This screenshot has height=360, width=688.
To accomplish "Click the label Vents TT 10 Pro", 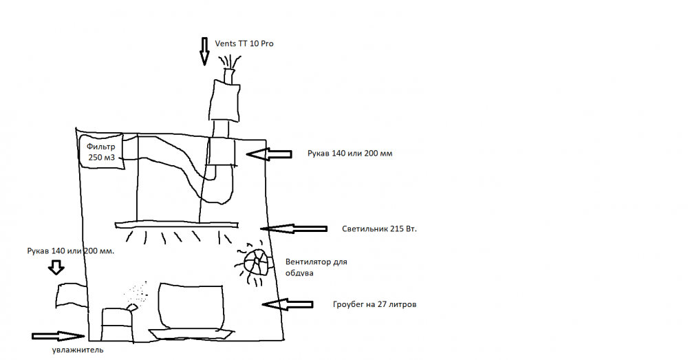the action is pyautogui.click(x=244, y=43).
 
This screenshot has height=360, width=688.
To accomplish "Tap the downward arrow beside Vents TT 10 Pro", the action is pyautogui.click(x=204, y=52).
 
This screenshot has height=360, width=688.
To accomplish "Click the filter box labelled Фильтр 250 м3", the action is pyautogui.click(x=101, y=151).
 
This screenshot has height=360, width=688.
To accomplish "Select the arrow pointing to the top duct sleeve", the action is pyautogui.click(x=269, y=154).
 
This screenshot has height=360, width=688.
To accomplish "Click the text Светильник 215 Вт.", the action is pyautogui.click(x=379, y=229).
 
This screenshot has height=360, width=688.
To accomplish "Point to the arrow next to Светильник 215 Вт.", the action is pyautogui.click(x=294, y=229).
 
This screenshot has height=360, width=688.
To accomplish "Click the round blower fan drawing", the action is pyautogui.click(x=256, y=262).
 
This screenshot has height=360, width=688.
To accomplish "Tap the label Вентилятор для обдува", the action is pyautogui.click(x=316, y=267).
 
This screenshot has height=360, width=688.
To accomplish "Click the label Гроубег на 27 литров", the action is pyautogui.click(x=374, y=304).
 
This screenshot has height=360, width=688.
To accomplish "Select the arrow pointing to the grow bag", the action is pyautogui.click(x=288, y=304).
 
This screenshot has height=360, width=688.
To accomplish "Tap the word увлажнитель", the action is pyautogui.click(x=78, y=350).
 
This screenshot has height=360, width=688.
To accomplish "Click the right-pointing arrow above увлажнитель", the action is pyautogui.click(x=58, y=337).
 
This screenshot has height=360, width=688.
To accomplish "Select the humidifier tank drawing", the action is pyautogui.click(x=118, y=323).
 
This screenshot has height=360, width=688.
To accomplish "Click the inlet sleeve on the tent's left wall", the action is pyautogui.click(x=72, y=295).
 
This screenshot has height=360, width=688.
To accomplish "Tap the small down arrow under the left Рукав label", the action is pyautogui.click(x=56, y=267).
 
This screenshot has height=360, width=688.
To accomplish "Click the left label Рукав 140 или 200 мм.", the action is pyautogui.click(x=71, y=251).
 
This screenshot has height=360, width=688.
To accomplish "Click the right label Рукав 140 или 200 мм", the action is pyautogui.click(x=350, y=153).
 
